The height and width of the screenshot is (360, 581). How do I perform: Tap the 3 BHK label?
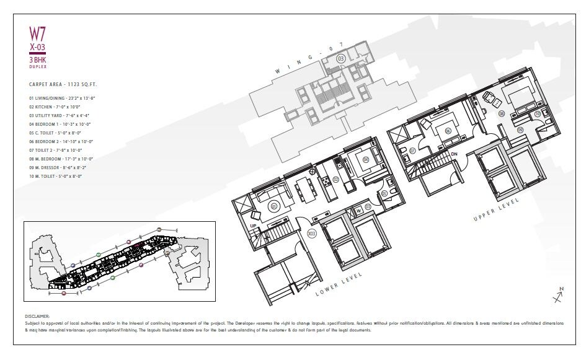pos(38,61)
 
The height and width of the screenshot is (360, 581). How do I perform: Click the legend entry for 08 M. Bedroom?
pos(60,159)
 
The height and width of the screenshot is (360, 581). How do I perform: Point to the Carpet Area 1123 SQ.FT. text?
pos(63,84)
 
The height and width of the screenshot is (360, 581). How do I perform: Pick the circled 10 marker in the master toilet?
pos(538,114)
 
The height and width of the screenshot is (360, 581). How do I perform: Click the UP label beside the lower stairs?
pos(254,225)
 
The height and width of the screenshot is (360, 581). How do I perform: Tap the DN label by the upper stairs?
pos(454,154)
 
